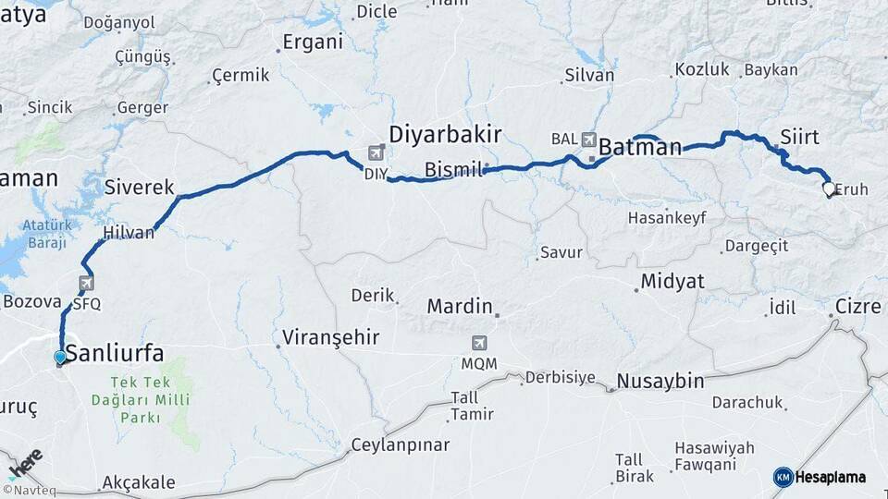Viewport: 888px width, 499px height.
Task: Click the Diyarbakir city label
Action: (445, 135)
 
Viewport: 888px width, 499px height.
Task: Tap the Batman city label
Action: (640, 147)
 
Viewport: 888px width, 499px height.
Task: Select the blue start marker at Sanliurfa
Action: (60, 357)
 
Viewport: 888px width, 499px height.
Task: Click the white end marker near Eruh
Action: (828, 189)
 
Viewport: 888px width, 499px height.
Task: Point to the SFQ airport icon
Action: (86, 284)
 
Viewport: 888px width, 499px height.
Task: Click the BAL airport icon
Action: (589, 139)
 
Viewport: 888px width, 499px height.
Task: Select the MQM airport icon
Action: (479, 343)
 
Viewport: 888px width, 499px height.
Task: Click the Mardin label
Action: (459, 306)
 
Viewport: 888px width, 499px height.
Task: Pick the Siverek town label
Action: (140, 188)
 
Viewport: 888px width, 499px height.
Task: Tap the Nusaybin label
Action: (660, 381)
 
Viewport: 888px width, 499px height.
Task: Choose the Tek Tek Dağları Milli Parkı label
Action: (149, 399)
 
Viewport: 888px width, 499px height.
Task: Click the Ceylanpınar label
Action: (401, 445)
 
